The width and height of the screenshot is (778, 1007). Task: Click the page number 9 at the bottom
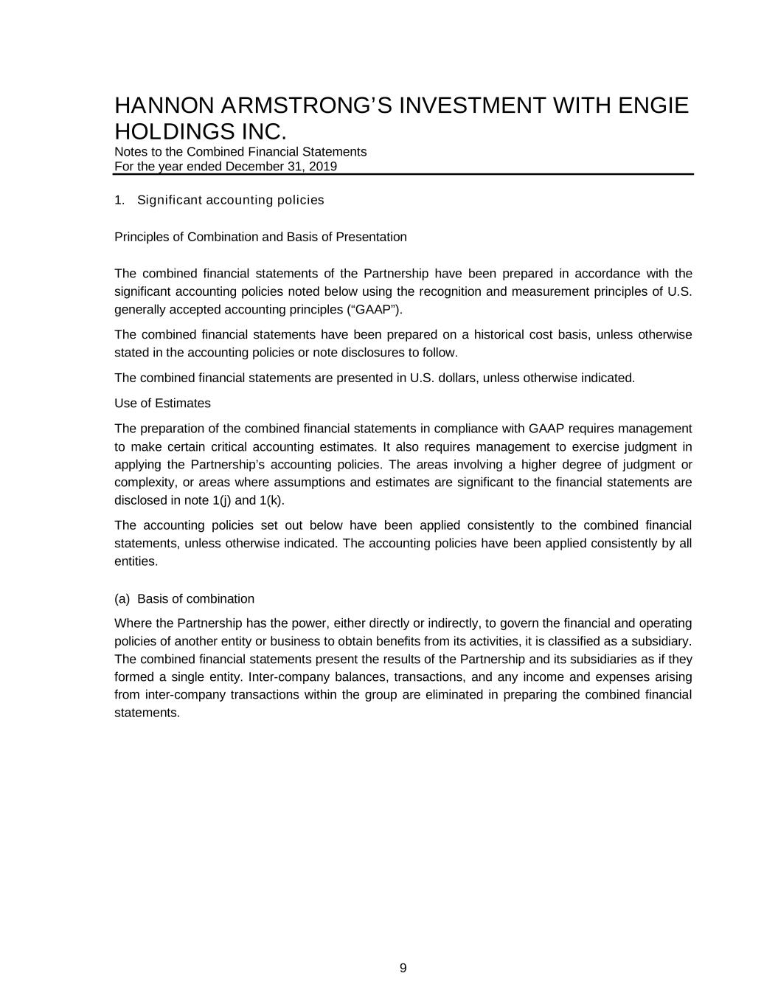403,968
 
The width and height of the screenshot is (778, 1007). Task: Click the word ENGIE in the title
653,105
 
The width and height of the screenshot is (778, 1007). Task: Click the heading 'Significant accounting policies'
230,200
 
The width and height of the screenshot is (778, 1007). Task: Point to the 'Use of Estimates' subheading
162,404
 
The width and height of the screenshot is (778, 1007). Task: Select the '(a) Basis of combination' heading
184,598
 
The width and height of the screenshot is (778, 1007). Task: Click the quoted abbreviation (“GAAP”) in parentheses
375,309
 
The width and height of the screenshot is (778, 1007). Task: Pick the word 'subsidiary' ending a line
665,641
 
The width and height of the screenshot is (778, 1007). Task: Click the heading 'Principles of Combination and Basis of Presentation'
260,237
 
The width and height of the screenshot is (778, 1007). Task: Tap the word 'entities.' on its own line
136,561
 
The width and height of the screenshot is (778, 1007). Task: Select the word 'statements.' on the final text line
147,713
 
